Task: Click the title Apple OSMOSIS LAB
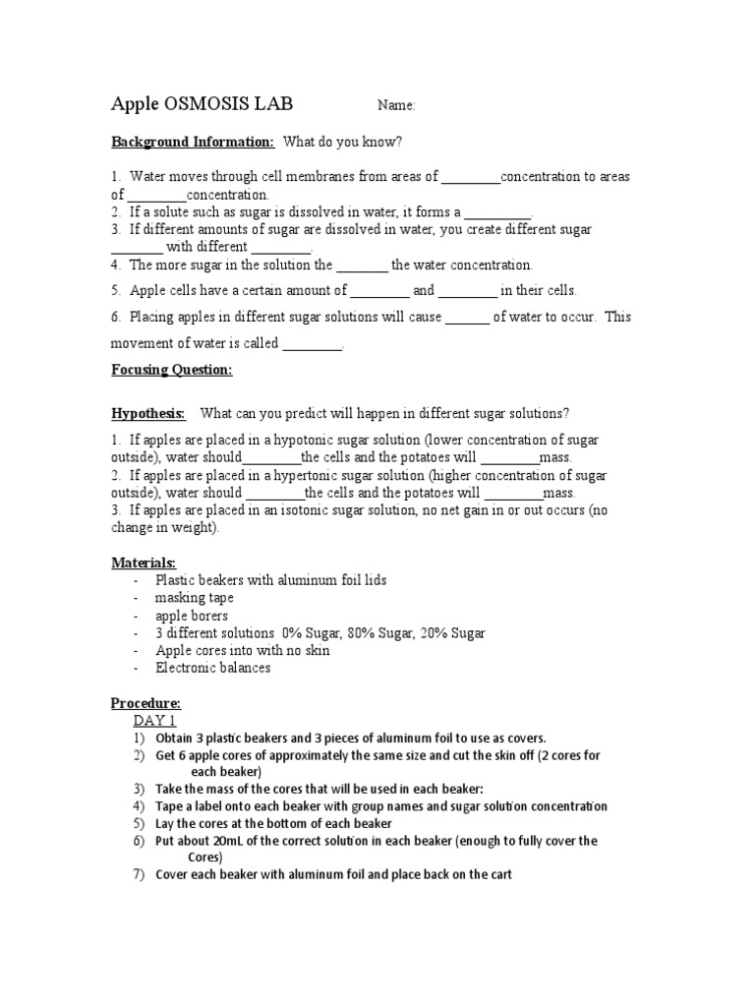point(202,104)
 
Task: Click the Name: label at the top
point(397,106)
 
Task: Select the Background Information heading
point(192,142)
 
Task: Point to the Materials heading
point(143,563)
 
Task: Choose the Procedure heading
point(145,704)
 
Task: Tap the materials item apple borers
point(192,616)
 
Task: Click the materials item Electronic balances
point(212,668)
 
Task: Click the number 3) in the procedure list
point(138,789)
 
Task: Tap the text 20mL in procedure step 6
point(229,841)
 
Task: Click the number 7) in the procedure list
point(138,874)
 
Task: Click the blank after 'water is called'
point(312,344)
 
